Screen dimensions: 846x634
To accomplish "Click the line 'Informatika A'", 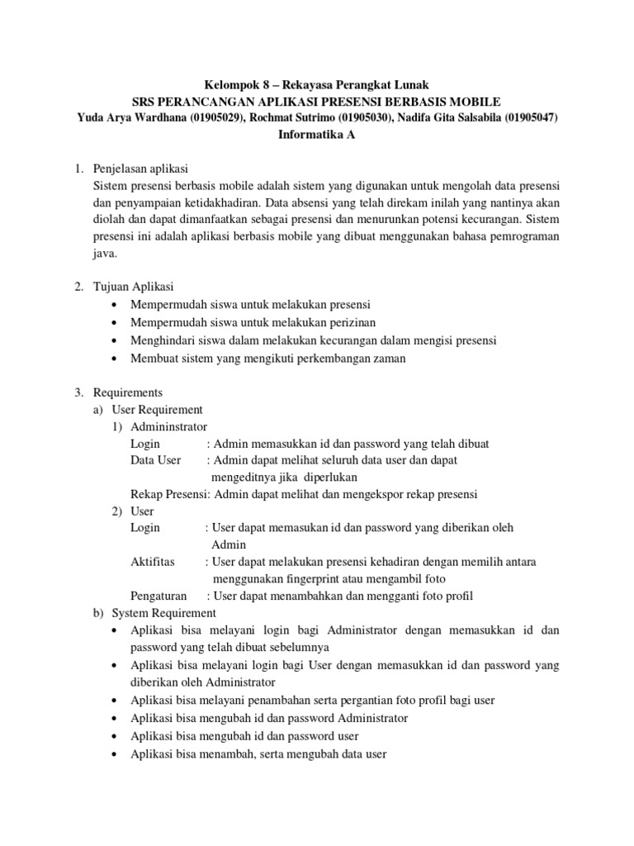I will click(317, 135).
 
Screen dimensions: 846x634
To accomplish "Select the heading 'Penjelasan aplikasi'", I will click(143, 169).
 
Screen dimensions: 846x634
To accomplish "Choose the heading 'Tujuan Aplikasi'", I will click(134, 287).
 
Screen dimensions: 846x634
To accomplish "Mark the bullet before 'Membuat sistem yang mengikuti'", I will click(114, 359).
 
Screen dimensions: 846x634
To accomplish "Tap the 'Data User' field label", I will click(156, 460).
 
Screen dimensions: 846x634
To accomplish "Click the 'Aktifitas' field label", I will click(153, 562).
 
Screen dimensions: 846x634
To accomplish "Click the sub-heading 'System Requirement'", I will click(163, 613).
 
